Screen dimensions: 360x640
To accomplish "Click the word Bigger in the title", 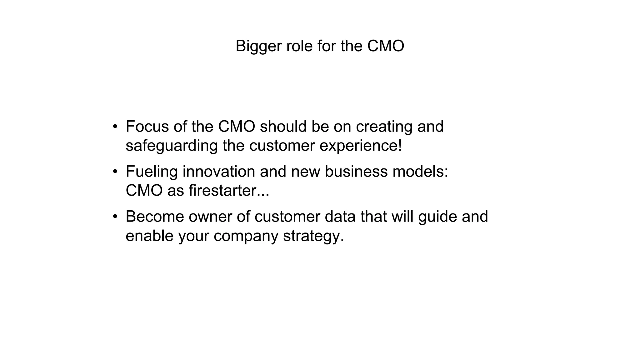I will [x=258, y=46].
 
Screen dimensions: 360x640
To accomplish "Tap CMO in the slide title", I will [x=385, y=46].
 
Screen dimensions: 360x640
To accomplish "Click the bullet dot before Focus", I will [x=115, y=127].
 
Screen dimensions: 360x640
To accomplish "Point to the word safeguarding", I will [x=172, y=146].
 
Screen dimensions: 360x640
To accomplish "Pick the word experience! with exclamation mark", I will [x=361, y=146].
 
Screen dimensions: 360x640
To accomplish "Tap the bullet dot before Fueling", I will [x=115, y=172].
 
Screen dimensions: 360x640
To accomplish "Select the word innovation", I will [x=219, y=172].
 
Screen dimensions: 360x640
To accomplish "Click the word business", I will [x=356, y=172].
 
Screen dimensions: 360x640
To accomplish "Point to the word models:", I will [x=420, y=172].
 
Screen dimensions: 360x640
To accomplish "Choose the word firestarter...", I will [x=222, y=191].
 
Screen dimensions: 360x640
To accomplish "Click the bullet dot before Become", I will [x=115, y=217].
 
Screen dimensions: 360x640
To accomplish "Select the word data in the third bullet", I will [x=340, y=217].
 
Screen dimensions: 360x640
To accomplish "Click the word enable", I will [x=149, y=236].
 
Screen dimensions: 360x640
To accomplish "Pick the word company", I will [x=246, y=236].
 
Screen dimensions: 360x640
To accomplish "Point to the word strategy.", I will [x=313, y=236].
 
